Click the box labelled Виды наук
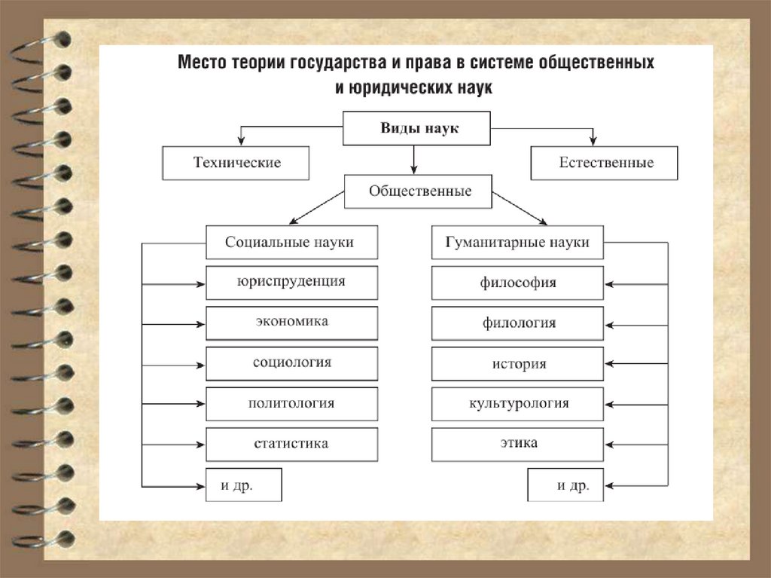click(417, 128)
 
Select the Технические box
click(236, 163)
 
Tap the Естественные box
click(604, 163)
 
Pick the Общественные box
click(419, 191)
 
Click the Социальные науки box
click(291, 243)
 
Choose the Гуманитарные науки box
click(517, 243)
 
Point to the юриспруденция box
click(291, 282)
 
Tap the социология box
click(291, 362)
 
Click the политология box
click(291, 403)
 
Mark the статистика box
click(291, 444)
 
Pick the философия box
click(517, 283)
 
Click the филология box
click(517, 323)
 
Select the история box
click(517, 364)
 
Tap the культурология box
click(517, 404)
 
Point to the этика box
click(517, 443)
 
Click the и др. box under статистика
click(243, 485)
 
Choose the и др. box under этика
click(565, 485)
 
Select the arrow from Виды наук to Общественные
click(413, 159)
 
